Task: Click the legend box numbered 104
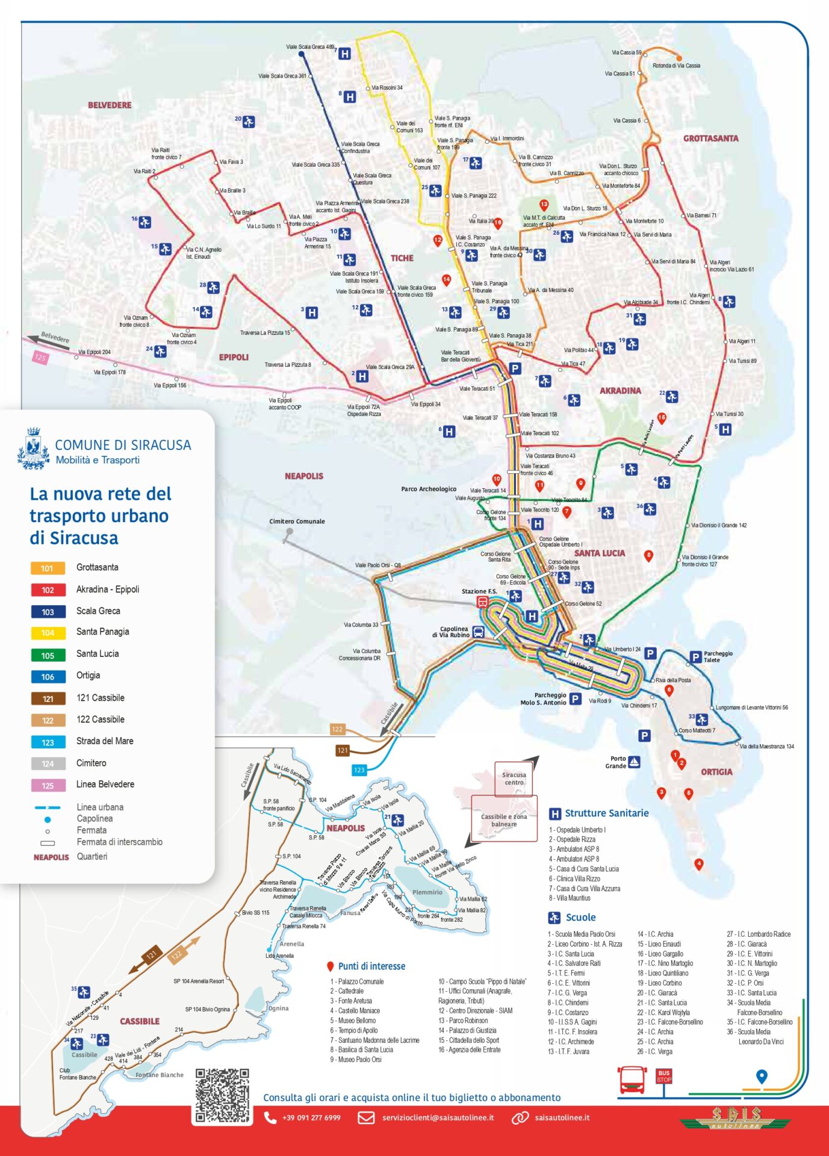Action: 48,633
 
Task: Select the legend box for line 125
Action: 48,785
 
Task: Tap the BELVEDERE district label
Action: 110,105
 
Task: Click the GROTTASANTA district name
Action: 710,138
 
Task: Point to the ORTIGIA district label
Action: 716,772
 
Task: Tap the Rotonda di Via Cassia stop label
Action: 676,66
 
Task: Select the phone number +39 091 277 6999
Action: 311,1117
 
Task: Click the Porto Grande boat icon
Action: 634,762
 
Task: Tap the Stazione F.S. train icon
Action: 482,601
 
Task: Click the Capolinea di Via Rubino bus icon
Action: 478,632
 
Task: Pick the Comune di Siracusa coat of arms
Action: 33,449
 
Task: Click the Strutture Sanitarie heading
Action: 606,813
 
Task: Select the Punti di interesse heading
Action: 371,966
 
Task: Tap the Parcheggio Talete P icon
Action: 695,657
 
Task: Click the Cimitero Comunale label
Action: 297,521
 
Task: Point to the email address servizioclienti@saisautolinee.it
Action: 438,1117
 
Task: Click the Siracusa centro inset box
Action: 514,778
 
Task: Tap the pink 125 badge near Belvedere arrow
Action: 40,358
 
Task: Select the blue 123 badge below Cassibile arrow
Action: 359,769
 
